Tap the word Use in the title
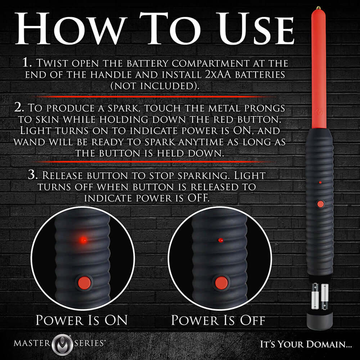pyautogui.click(x=245, y=29)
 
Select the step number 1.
pyautogui.click(x=27, y=63)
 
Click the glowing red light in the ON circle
pyautogui.click(x=83, y=239)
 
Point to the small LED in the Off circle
pyautogui.click(x=221, y=240)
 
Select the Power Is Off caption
pyautogui.click(x=218, y=320)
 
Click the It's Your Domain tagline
pyautogui.click(x=306, y=344)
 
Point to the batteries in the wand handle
pyautogui.click(x=320, y=296)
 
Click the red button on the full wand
pyautogui.click(x=320, y=204)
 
